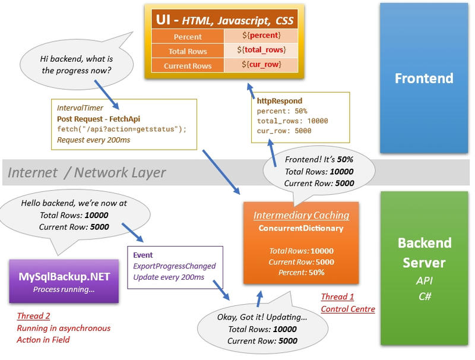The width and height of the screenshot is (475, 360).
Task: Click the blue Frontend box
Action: (424, 78)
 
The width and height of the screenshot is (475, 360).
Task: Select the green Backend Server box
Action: (424, 267)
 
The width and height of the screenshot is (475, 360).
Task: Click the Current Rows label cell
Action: (188, 65)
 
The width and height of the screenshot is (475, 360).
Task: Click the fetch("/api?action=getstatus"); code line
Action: (122, 129)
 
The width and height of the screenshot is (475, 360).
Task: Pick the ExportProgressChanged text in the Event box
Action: (174, 266)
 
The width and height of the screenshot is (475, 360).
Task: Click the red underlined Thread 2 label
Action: (33, 317)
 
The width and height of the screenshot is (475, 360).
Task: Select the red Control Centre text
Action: (347, 308)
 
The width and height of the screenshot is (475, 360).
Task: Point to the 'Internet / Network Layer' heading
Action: (87, 173)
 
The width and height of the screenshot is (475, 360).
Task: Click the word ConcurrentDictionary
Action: (301, 228)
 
